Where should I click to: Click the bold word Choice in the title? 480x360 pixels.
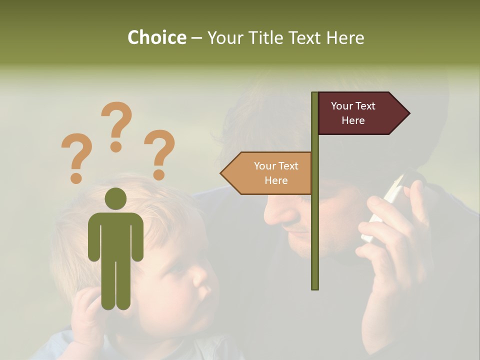tap(156, 38)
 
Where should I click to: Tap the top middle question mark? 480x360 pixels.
tap(117, 126)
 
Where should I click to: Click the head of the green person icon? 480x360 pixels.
tap(115, 198)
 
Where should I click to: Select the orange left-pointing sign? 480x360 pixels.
tap(270, 173)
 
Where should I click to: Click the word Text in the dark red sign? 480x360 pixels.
tap(365, 106)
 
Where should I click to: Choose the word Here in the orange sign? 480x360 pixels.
tap(276, 180)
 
